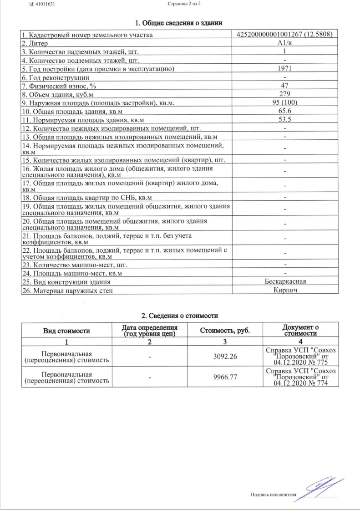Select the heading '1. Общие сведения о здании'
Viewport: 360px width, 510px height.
(x=179, y=23)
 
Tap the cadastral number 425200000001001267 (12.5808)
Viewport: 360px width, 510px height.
(x=284, y=35)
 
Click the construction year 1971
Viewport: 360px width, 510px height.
(x=284, y=69)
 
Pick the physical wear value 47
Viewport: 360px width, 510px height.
(x=284, y=86)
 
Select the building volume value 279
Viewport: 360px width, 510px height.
(x=284, y=94)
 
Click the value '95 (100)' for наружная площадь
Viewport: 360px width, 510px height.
(x=284, y=103)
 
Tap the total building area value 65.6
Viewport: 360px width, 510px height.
(x=284, y=111)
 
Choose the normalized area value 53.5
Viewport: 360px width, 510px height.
(x=284, y=120)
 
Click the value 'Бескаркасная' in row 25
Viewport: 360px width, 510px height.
(x=285, y=281)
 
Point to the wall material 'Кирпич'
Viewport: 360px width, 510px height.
(x=285, y=290)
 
